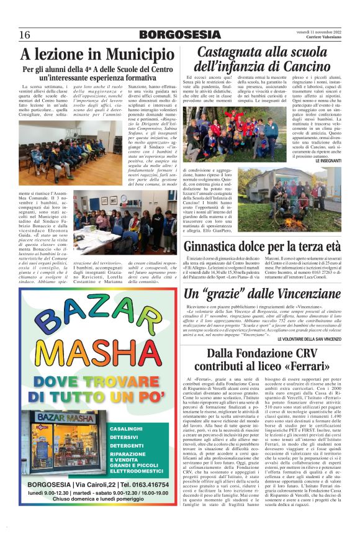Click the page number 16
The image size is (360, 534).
point(25,34)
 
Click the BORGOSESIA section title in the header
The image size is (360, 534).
point(180,34)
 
